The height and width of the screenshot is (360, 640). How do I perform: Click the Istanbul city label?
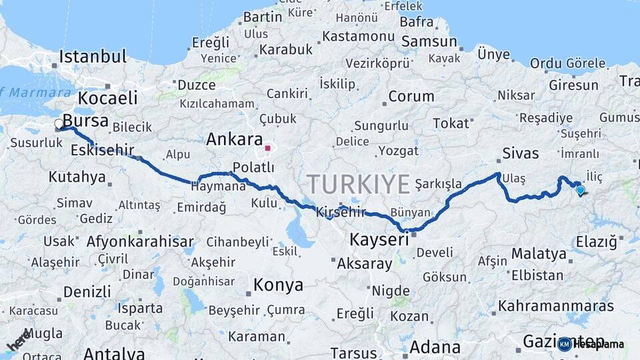coord(93,56)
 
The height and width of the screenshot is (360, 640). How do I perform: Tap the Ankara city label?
coord(234,140)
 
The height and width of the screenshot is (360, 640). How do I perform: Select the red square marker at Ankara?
coord(268,148)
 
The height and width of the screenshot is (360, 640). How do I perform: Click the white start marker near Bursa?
coord(59,124)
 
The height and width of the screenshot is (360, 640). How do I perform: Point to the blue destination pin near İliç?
coord(580,191)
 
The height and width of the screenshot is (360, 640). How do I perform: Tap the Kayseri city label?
coord(379,239)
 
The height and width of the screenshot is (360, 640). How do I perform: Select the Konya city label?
coord(278,285)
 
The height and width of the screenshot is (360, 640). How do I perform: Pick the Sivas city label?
coord(521,153)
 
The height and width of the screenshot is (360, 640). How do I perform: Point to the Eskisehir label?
coord(103,149)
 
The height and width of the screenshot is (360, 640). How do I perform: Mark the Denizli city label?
coord(87,291)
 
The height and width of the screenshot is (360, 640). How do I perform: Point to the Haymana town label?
coord(219,187)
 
